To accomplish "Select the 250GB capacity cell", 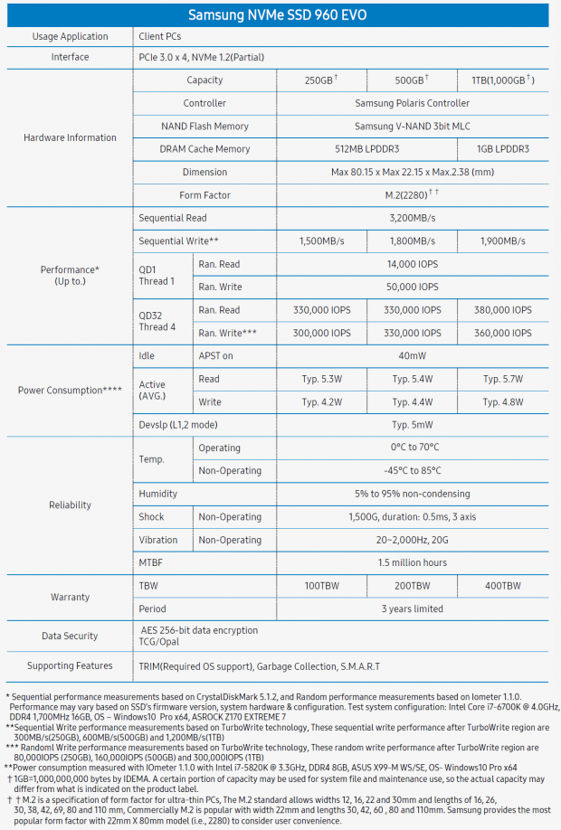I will coord(321,80).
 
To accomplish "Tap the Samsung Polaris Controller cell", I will coord(412,103).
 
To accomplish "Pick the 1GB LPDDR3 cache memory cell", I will coord(502,149).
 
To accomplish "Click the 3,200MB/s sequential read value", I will coord(412,218).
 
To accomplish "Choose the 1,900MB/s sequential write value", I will coord(502,241).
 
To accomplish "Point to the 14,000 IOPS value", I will coord(412,264).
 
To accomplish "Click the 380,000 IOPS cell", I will coord(502,310).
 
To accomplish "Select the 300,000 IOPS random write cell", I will coord(321,333).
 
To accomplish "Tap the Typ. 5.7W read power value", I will coord(502,379).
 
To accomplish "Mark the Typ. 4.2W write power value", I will coord(321,402).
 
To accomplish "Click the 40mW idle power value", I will coord(412,356).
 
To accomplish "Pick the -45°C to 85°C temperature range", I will coord(412,471).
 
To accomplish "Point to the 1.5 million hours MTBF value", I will coord(412,562).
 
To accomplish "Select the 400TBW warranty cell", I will coord(502,586).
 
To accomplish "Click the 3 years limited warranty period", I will coord(412,608).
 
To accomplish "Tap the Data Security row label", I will coord(70,637).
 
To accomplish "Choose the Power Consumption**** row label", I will coord(70,391).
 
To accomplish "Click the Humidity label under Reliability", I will coord(157,494).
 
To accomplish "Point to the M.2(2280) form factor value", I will coord(412,195).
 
